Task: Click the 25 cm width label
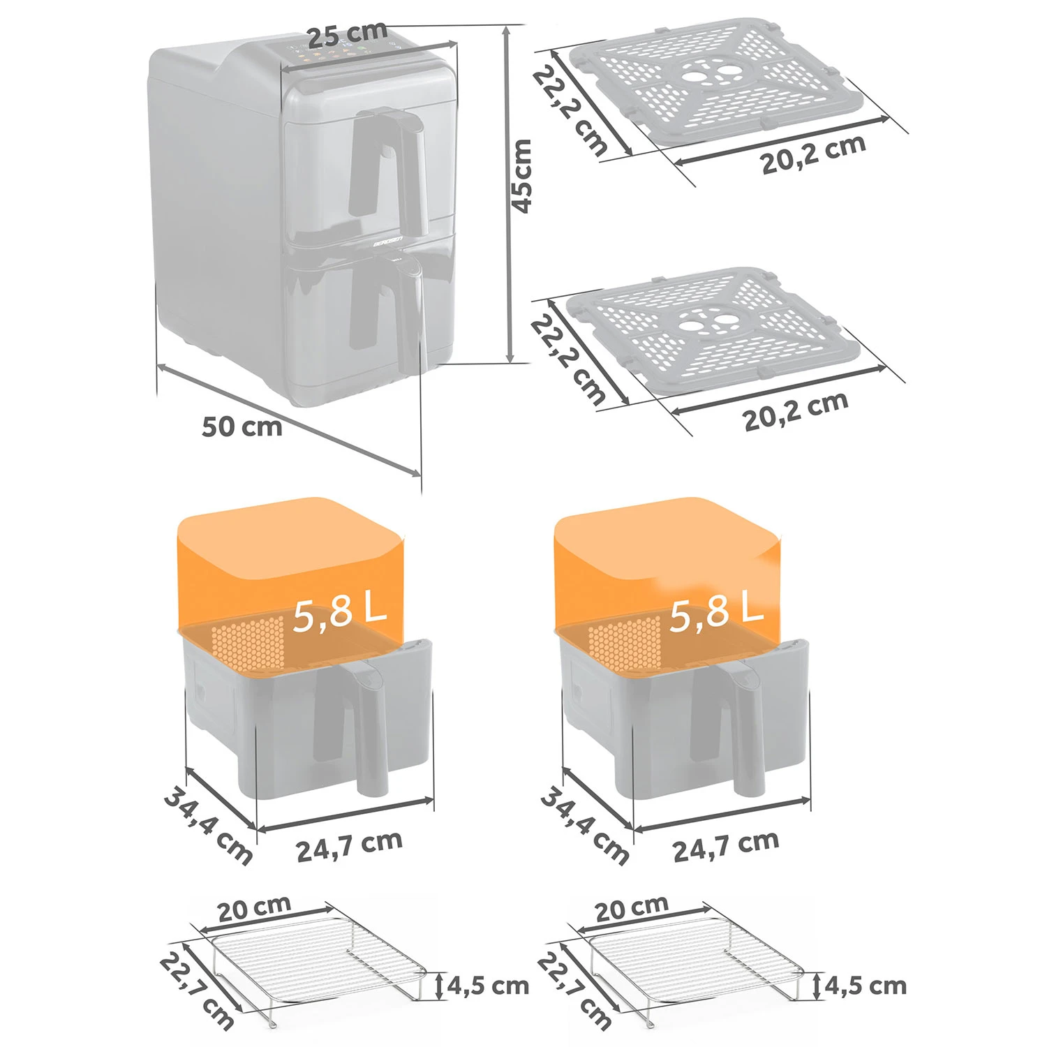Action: coord(348,34)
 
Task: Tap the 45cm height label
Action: coord(521,176)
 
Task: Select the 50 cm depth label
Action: coord(242,426)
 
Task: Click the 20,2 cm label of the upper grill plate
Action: coord(814,153)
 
